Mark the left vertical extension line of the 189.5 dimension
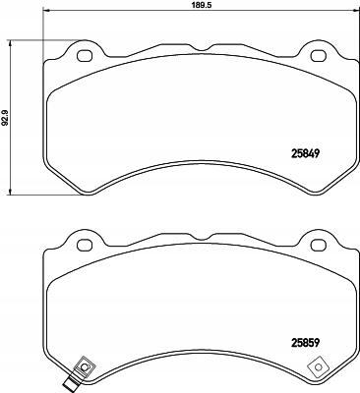click(x=44, y=29)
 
